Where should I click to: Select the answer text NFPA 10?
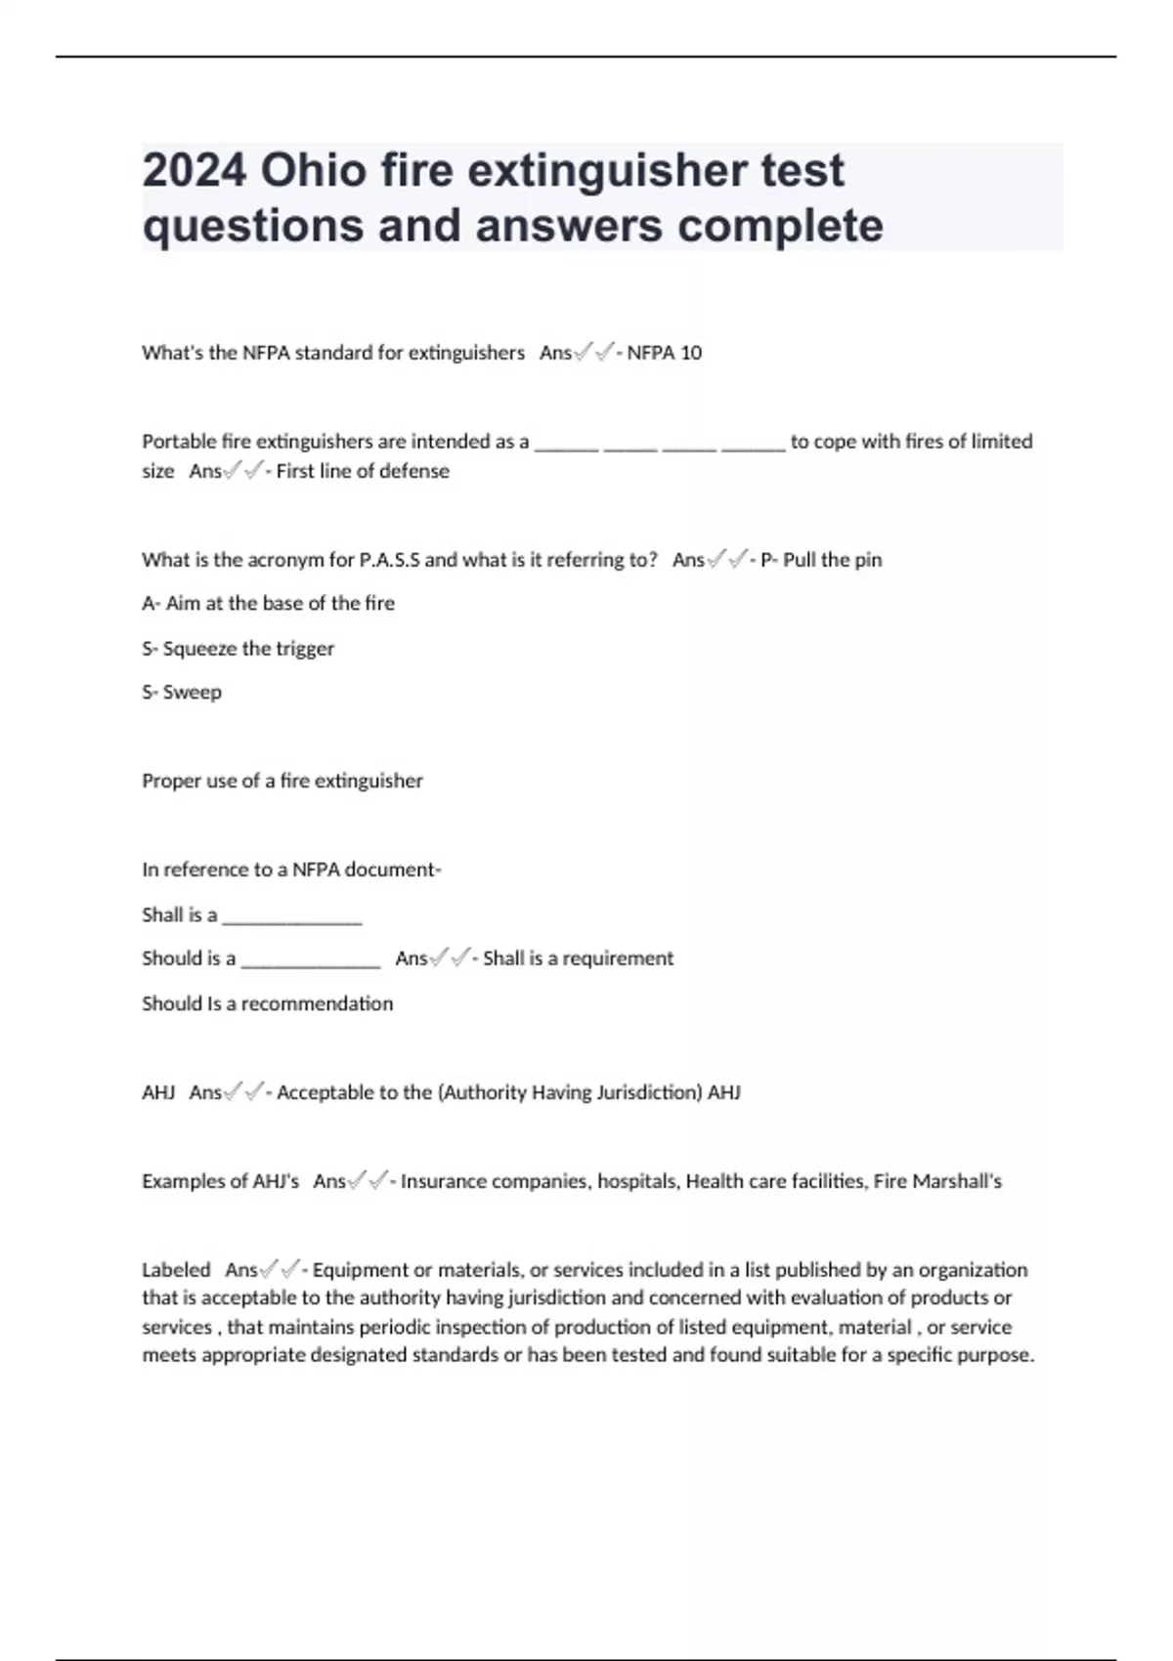[664, 353]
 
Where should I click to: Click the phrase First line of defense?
[363, 471]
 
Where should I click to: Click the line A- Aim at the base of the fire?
[268, 604]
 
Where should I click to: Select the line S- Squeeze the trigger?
[238, 649]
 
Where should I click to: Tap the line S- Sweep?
[182, 693]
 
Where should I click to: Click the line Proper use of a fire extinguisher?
[282, 781]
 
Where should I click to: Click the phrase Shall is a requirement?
[578, 958]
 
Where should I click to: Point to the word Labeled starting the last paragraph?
[176, 1270]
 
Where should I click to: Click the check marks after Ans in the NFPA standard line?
[594, 353]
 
